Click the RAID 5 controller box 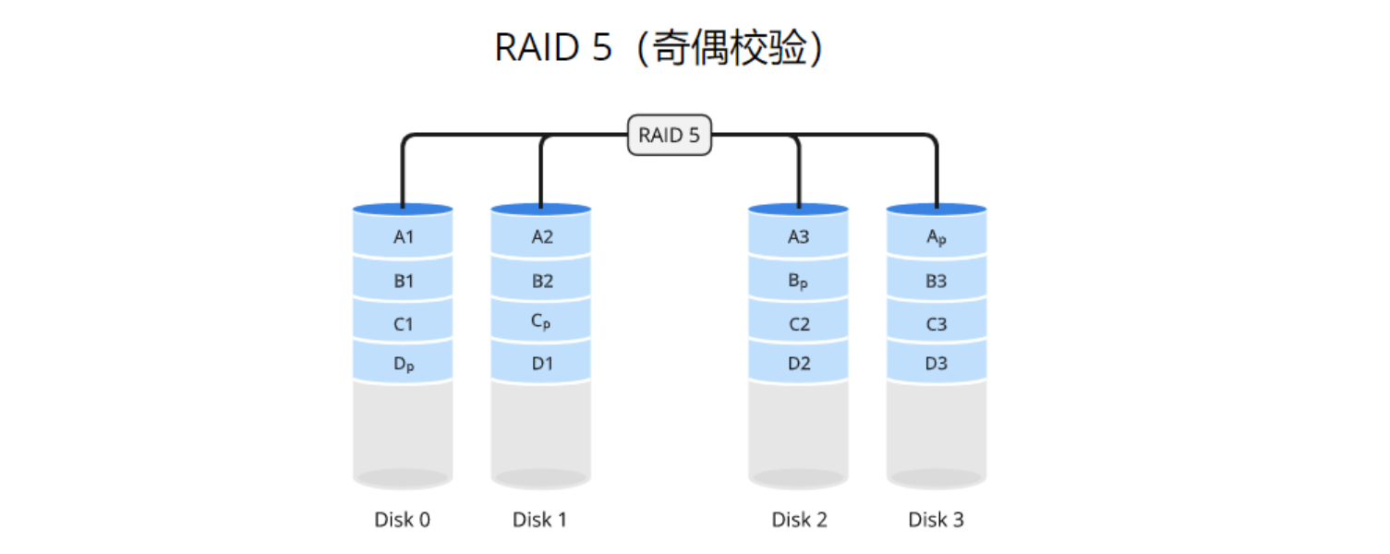coord(670,136)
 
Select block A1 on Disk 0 coord(404,237)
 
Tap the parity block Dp coord(404,365)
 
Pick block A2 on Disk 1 coord(542,237)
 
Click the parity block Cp coord(541,322)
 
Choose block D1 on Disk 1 coord(542,364)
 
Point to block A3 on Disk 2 coord(799,237)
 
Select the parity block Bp coord(799,281)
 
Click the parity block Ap coord(937,237)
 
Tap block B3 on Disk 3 coord(937,281)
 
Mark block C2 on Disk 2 coord(799,324)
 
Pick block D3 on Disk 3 coord(937,364)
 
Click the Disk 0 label coord(403,520)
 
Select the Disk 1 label coord(540,520)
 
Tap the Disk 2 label coord(799,520)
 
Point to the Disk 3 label coord(937,520)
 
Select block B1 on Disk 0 coord(404,281)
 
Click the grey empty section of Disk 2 coord(799,429)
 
